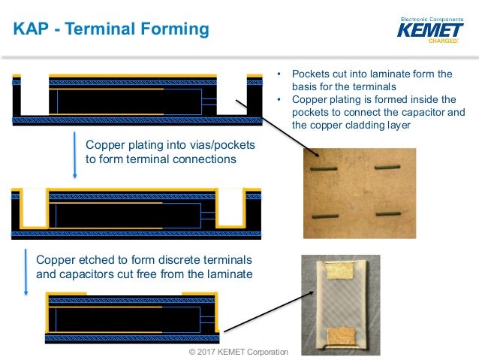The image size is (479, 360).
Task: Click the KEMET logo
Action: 430,30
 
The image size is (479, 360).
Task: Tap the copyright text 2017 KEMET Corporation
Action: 238,352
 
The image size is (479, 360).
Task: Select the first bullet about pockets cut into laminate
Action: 371,80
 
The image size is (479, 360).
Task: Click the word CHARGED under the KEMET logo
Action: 442,41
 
